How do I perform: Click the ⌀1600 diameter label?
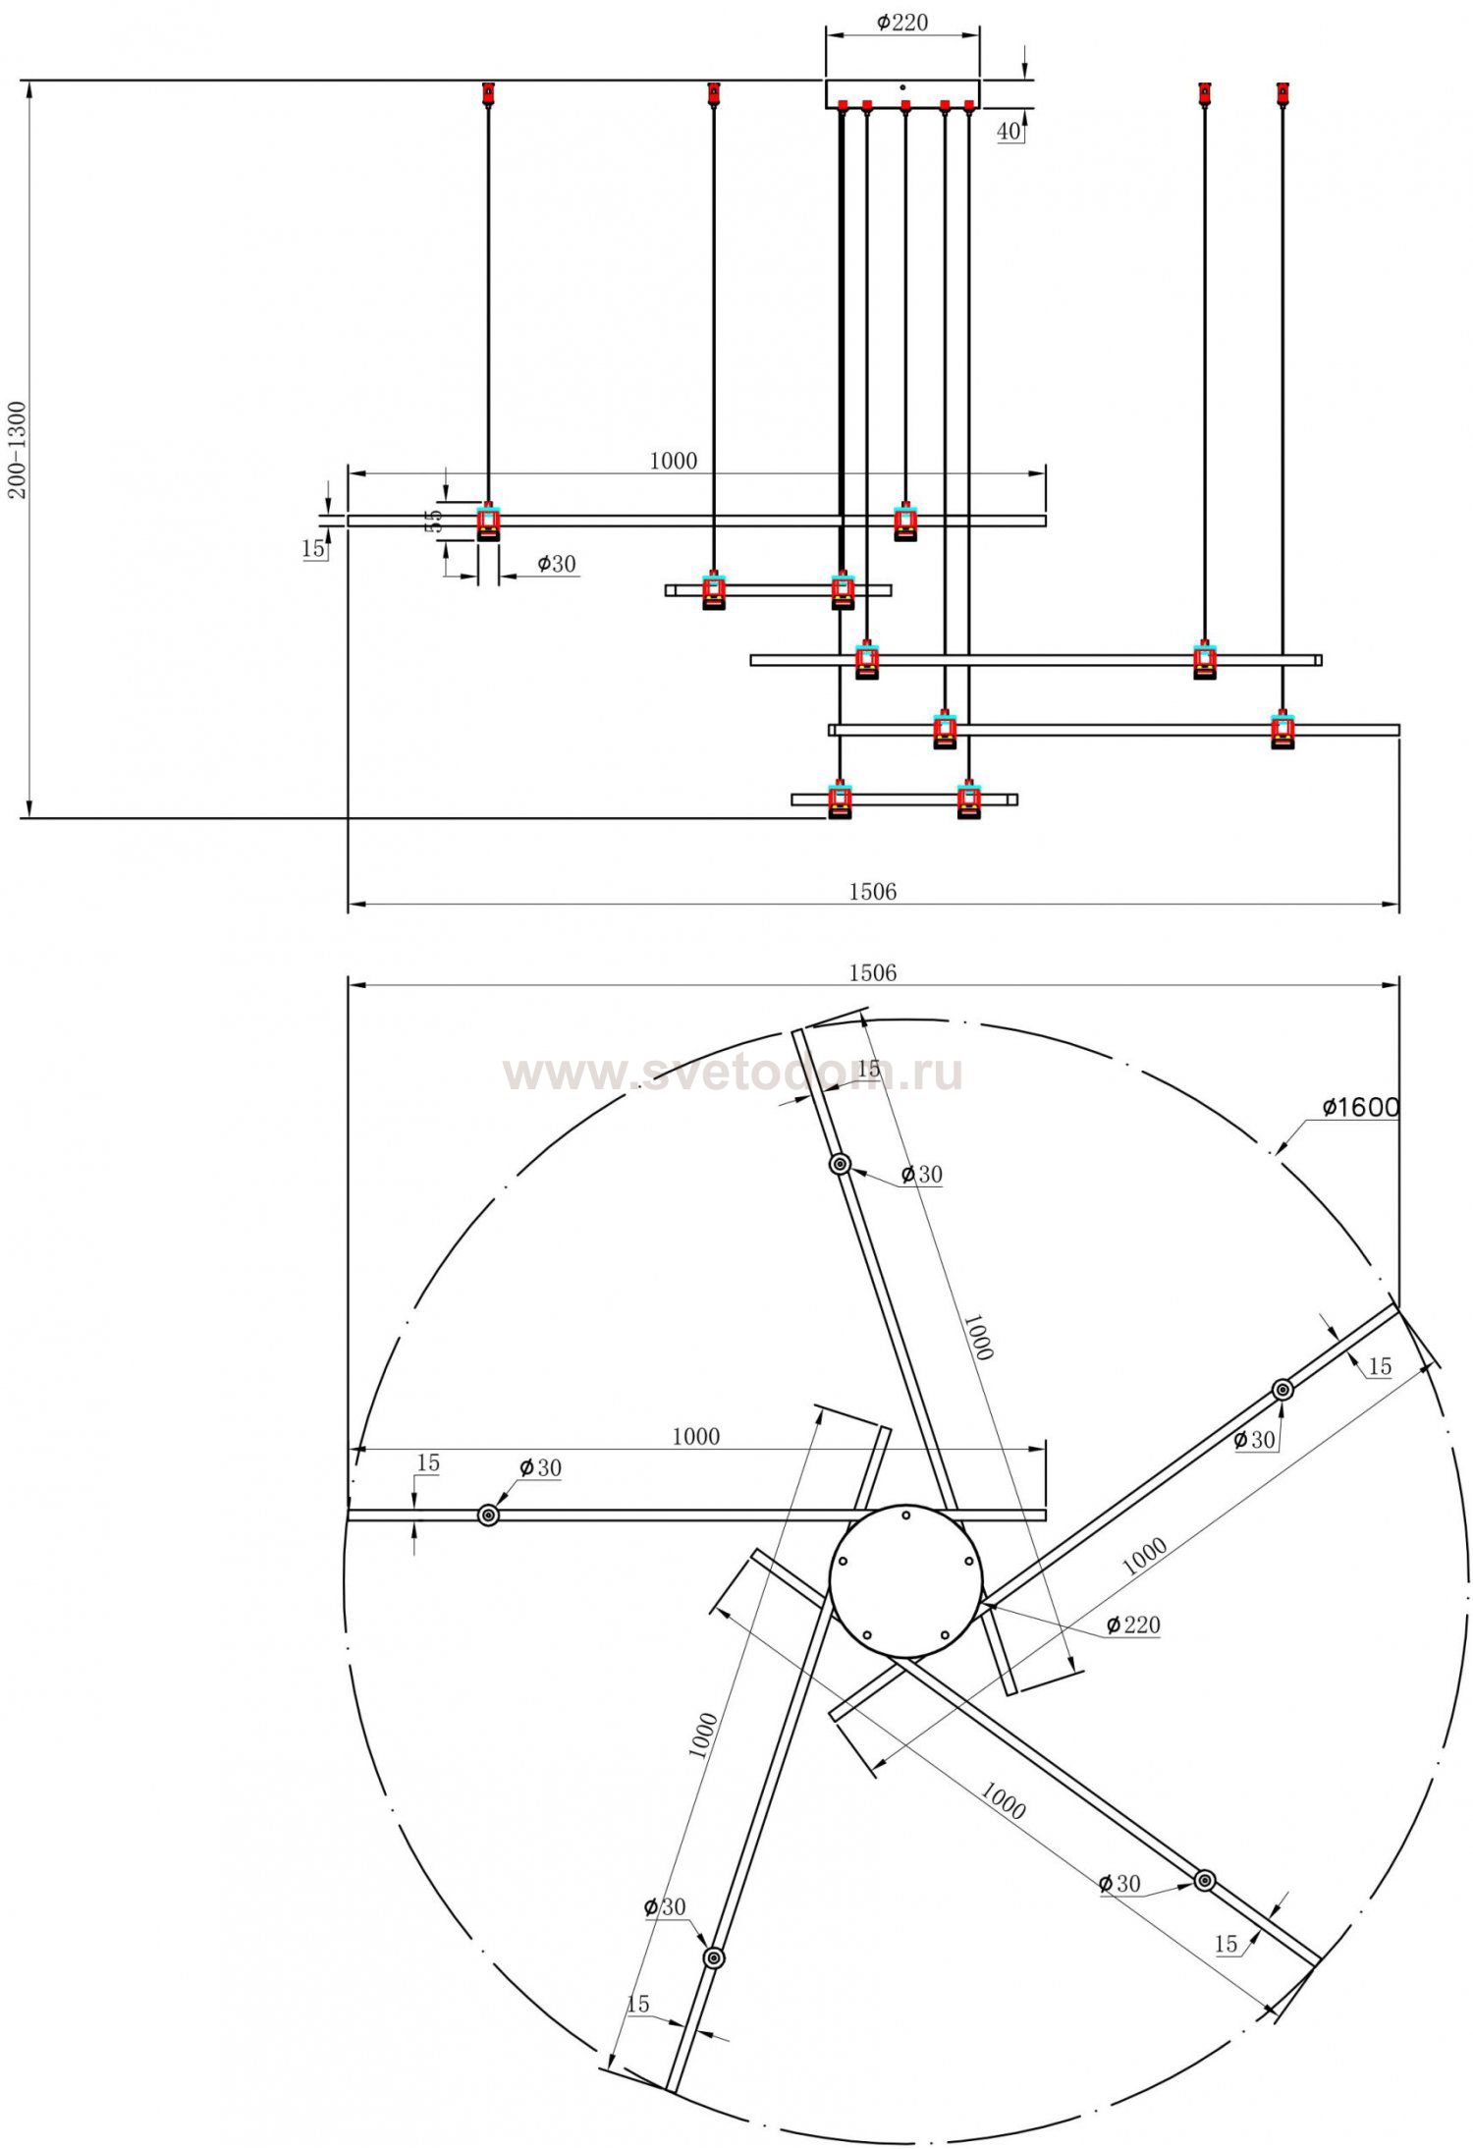[1360, 1107]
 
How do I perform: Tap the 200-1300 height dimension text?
[19, 449]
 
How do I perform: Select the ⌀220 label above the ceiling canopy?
[901, 23]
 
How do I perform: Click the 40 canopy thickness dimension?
[1009, 132]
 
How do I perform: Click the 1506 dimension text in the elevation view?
[872, 891]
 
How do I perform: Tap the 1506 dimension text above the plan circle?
[872, 972]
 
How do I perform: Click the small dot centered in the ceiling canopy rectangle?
[902, 86]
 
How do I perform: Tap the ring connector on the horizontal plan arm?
[488, 1515]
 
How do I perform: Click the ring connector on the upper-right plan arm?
[1282, 1390]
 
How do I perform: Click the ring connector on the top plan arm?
[840, 1165]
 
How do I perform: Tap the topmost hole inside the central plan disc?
[905, 1515]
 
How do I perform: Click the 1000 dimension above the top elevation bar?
[674, 461]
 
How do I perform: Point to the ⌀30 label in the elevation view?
[556, 564]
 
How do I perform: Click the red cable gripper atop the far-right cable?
[1282, 93]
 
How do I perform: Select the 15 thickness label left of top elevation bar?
[312, 549]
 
